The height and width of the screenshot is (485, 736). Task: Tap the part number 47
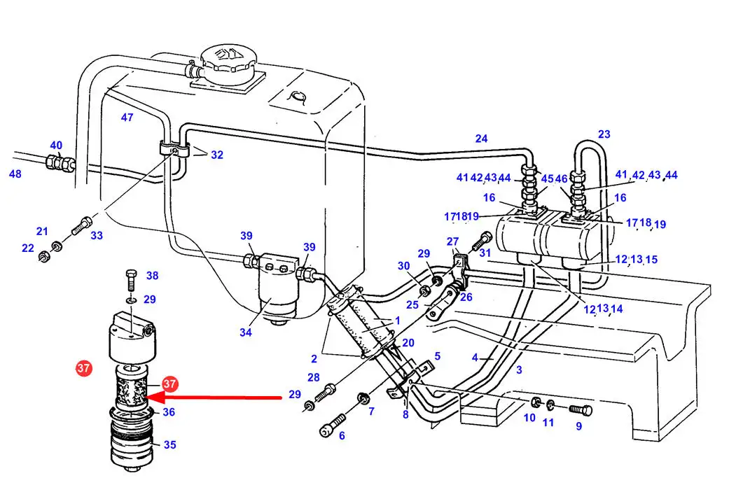tap(127, 118)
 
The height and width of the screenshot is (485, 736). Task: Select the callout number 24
tap(481, 139)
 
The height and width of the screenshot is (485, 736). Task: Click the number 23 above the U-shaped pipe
tap(604, 134)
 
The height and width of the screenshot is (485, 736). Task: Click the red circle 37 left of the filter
tap(83, 367)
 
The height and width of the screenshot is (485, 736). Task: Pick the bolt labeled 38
tap(132, 281)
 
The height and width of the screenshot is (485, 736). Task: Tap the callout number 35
tap(170, 444)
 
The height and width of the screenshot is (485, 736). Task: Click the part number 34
tap(246, 332)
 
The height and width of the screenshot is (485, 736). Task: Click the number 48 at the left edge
tap(15, 174)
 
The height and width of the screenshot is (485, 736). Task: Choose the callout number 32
tap(217, 155)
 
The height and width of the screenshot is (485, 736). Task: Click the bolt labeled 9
tap(581, 410)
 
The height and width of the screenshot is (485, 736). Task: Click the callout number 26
tap(466, 297)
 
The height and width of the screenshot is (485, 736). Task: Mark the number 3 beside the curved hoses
tap(519, 370)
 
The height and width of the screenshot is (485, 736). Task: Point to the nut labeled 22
tap(43, 257)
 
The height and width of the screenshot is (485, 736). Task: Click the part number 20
tap(408, 343)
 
